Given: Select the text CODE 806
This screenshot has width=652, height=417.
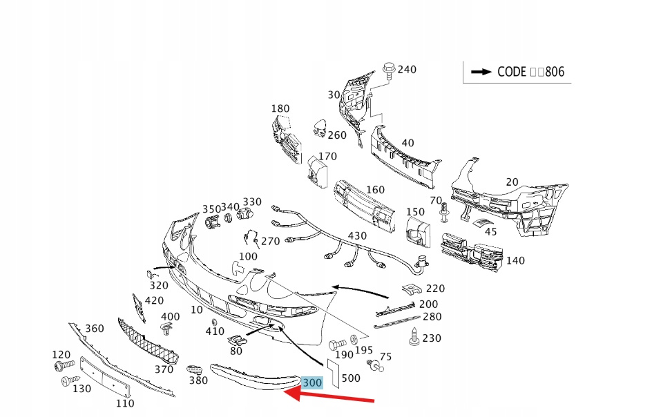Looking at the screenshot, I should pyautogui.click(x=526, y=72).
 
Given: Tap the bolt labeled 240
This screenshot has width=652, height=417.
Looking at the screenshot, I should pyautogui.click(x=387, y=70).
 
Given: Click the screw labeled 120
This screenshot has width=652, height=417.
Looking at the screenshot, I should pyautogui.click(x=66, y=365).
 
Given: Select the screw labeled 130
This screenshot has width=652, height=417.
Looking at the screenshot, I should pyautogui.click(x=69, y=380).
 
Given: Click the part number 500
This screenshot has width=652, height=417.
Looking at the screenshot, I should pyautogui.click(x=350, y=378).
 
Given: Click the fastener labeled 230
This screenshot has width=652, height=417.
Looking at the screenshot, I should pyautogui.click(x=414, y=337).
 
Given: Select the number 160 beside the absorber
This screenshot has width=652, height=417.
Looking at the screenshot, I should pyautogui.click(x=375, y=190).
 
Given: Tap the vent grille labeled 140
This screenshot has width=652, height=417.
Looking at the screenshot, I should pyautogui.click(x=474, y=254).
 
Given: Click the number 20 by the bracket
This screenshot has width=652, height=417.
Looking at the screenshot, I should pyautogui.click(x=511, y=182).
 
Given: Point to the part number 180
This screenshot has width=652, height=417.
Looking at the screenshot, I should pyautogui.click(x=280, y=108).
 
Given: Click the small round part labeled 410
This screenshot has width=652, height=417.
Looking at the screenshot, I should pyautogui.click(x=213, y=323).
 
